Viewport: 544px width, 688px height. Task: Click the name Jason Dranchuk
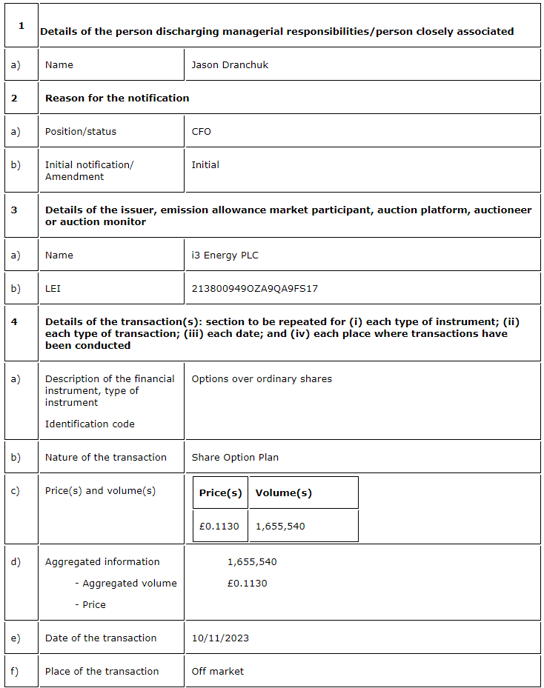click(x=230, y=64)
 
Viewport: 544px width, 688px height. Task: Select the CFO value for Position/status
click(x=201, y=131)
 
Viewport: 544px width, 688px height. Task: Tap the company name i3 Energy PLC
click(x=225, y=255)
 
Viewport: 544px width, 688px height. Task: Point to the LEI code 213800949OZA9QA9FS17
click(x=254, y=288)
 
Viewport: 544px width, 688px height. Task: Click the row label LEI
click(x=53, y=288)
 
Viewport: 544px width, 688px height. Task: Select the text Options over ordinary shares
click(x=262, y=378)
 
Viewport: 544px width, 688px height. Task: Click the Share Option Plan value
click(x=235, y=457)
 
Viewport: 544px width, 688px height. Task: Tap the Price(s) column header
click(x=220, y=492)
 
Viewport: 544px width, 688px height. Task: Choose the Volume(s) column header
click(x=283, y=492)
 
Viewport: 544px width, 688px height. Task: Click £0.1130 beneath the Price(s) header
click(x=219, y=526)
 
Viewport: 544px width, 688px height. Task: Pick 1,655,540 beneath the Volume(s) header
click(x=280, y=526)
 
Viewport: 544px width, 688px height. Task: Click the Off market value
click(x=217, y=671)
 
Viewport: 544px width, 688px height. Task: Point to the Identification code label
click(x=90, y=424)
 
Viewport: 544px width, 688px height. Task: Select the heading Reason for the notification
click(x=117, y=98)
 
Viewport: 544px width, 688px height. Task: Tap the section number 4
click(x=14, y=321)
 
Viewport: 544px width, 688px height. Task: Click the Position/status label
click(x=81, y=131)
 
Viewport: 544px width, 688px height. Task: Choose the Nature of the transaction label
click(x=106, y=457)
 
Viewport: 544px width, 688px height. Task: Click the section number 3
click(x=14, y=210)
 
